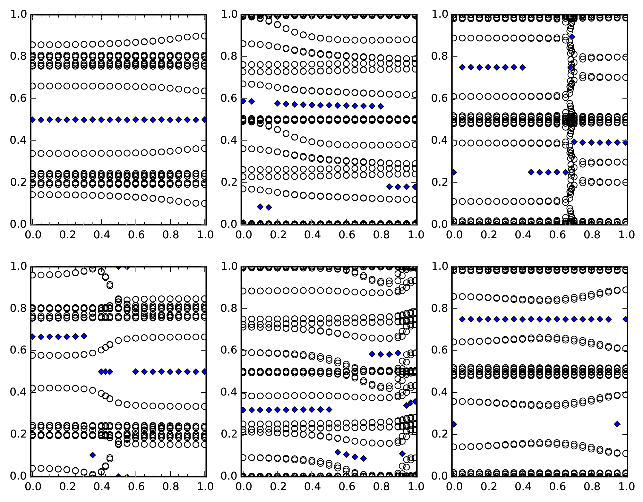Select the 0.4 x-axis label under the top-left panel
pyautogui.click(x=101, y=235)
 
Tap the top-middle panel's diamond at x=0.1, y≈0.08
pyautogui.click(x=260, y=207)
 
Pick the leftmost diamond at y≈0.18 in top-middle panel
pyautogui.click(x=389, y=187)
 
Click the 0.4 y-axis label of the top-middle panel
pyautogui.click(x=228, y=140)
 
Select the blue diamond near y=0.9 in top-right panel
pyautogui.click(x=572, y=37)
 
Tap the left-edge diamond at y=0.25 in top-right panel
pyautogui.click(x=454, y=172)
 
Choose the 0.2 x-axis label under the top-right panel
pyautogui.click(x=488, y=235)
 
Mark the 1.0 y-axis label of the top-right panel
pyautogui.click(x=439, y=14)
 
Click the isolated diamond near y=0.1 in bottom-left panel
pyautogui.click(x=93, y=455)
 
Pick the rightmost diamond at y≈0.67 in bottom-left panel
pyautogui.click(x=84, y=336)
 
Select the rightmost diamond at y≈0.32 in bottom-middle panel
pyautogui.click(x=329, y=409)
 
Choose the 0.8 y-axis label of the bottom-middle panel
pyautogui.click(x=228, y=308)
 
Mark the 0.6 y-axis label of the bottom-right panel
pyautogui.click(x=439, y=350)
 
